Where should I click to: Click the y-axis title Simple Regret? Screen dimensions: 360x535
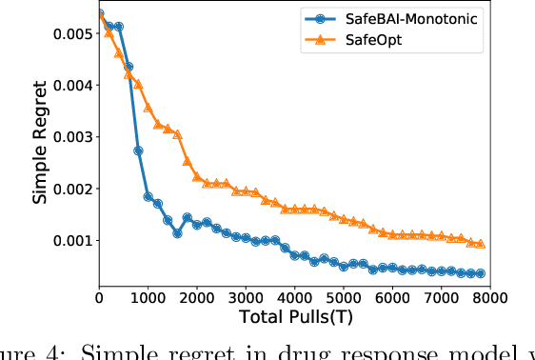(x=39, y=143)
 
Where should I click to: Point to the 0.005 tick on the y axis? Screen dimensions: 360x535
(x=71, y=34)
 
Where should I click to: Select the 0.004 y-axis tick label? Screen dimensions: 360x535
(x=71, y=86)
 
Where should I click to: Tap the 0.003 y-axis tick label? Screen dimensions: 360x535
(x=71, y=137)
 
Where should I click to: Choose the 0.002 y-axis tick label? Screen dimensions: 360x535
(x=71, y=189)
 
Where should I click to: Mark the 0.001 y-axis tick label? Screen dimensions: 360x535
(x=71, y=240)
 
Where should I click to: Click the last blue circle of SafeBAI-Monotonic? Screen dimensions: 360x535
(x=481, y=273)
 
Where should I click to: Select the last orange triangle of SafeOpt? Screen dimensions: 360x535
(x=481, y=244)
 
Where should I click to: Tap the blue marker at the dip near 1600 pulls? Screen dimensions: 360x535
(x=177, y=233)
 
